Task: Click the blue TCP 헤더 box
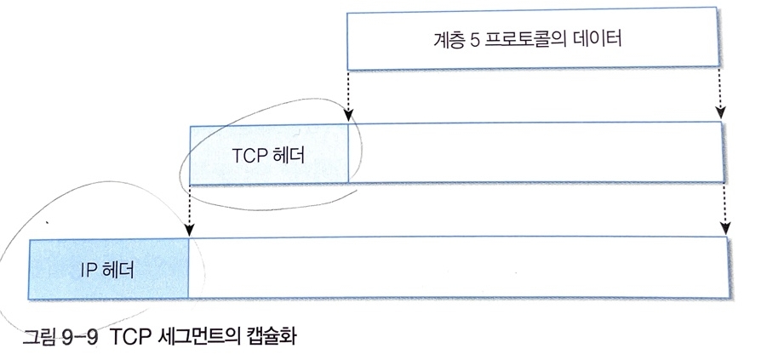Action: click(x=269, y=154)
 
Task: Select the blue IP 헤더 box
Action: click(x=108, y=268)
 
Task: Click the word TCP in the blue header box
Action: click(x=248, y=157)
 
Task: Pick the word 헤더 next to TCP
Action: click(x=286, y=157)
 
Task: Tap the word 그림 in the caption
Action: click(x=37, y=333)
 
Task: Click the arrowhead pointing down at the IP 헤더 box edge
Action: click(x=188, y=231)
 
